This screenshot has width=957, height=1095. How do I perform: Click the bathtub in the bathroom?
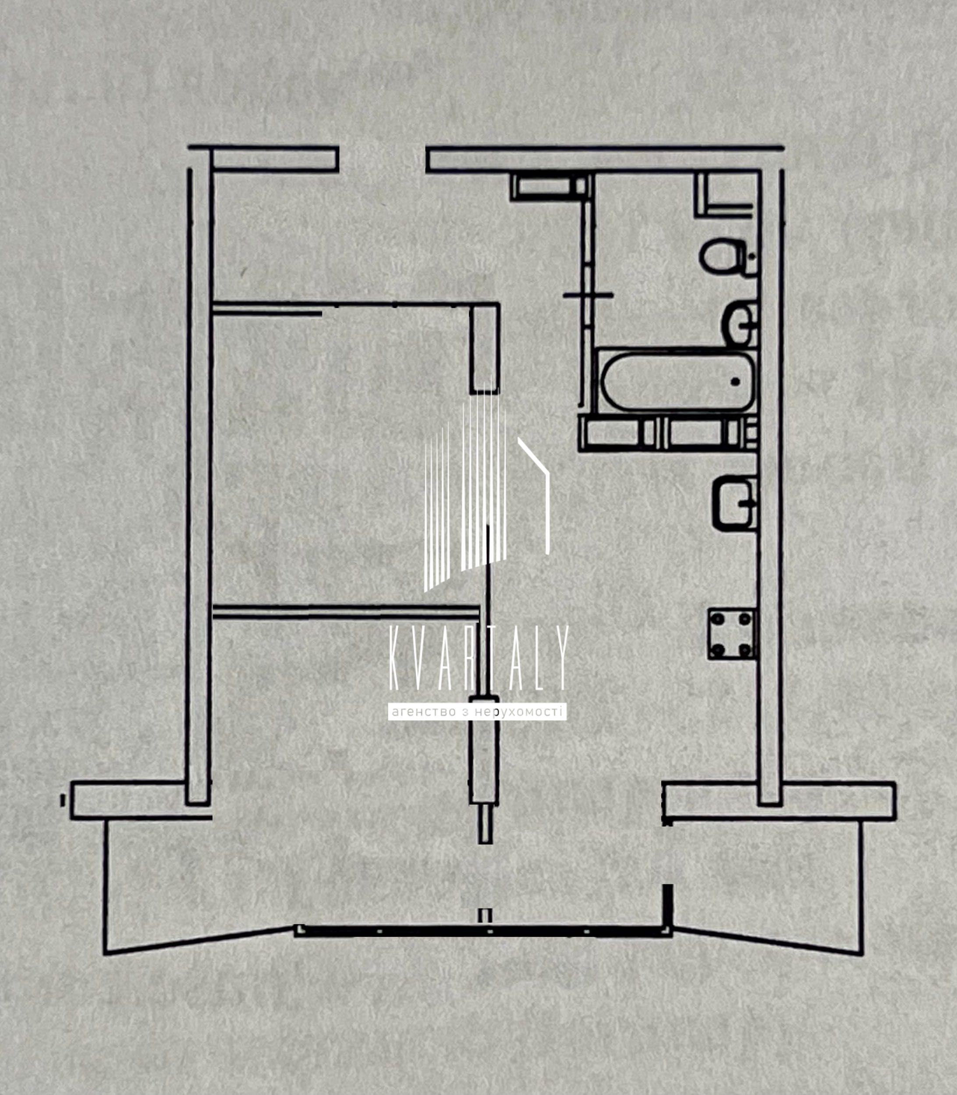click(677, 381)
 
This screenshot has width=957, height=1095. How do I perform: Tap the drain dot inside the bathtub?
click(735, 381)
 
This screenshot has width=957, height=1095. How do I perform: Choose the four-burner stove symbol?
click(732, 634)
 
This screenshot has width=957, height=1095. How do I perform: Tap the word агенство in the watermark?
click(423, 712)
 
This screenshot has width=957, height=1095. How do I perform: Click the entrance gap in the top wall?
click(383, 159)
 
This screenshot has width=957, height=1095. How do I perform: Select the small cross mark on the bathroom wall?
click(588, 294)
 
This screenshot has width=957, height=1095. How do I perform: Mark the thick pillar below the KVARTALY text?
click(484, 750)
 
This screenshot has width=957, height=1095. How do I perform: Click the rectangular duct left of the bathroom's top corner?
click(550, 186)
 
